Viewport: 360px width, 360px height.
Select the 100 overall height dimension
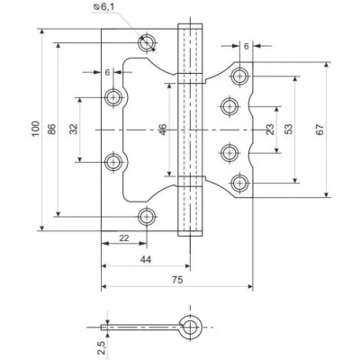pyautogui.click(x=36, y=129)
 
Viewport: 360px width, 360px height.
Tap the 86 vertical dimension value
pyautogui.click(x=51, y=129)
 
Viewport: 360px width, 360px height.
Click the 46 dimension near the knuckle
pyautogui.click(x=163, y=130)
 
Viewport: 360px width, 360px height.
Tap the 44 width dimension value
pyautogui.click(x=145, y=258)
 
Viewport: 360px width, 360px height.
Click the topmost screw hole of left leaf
pyautogui.click(x=148, y=41)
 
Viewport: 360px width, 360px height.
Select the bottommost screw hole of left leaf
pyautogui.click(x=148, y=215)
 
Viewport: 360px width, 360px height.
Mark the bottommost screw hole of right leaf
pyautogui.click(x=240, y=184)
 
